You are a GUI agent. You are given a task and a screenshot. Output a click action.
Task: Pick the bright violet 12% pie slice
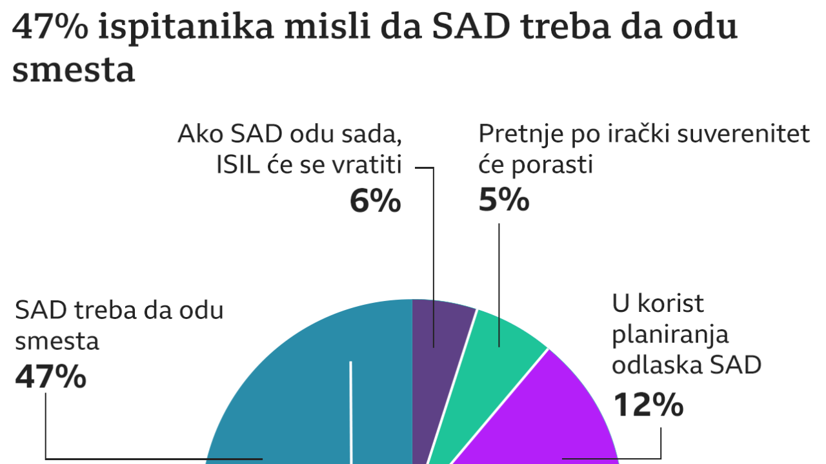pos(549,419)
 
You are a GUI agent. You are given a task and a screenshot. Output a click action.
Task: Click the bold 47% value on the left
pos(50,376)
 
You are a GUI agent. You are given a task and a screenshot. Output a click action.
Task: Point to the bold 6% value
pos(375,201)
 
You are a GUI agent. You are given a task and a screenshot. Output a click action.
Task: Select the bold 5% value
pos(504,201)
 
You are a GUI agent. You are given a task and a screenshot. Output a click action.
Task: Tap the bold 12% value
pos(647,405)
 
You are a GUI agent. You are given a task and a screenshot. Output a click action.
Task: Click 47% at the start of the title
pos(48,28)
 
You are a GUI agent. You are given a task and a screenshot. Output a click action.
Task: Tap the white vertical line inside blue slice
pos(351,412)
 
